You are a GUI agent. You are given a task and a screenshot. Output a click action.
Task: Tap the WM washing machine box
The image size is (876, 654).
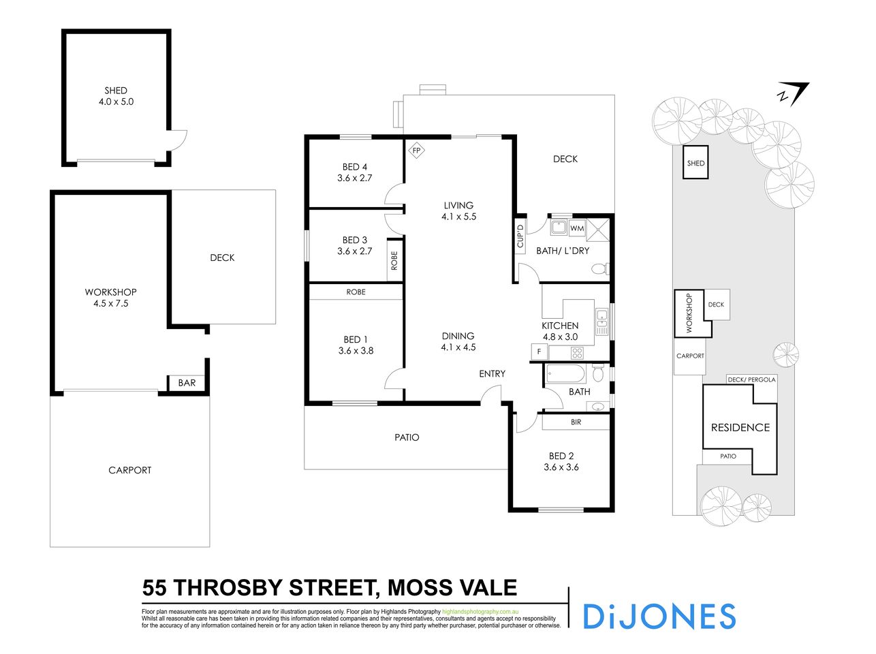click(x=577, y=228)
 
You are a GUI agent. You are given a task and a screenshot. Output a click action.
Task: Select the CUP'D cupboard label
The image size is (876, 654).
click(x=520, y=236)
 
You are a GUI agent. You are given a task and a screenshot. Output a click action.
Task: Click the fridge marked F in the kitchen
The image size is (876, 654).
click(x=539, y=352)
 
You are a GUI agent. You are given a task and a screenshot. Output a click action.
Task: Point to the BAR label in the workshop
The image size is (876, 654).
click(x=187, y=383)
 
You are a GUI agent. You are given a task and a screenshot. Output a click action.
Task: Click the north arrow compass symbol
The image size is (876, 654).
click(x=792, y=93)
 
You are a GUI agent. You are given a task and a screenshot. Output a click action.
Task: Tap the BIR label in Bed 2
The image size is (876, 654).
click(x=576, y=422)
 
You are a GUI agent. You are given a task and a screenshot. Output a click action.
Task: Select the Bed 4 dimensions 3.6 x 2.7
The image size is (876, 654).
click(x=355, y=178)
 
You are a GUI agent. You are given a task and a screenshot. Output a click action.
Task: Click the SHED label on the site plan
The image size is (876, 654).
click(x=695, y=163)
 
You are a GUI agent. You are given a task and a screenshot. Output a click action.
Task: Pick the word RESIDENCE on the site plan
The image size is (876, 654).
click(x=740, y=428)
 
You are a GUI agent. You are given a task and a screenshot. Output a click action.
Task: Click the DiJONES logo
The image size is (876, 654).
click(x=659, y=616)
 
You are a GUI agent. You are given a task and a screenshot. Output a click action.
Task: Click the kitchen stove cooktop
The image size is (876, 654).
click(x=576, y=353)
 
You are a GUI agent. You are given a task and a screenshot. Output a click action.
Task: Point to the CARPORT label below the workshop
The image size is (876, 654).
click(x=129, y=470)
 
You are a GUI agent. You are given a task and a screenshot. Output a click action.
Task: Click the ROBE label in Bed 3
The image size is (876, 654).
click(x=394, y=260)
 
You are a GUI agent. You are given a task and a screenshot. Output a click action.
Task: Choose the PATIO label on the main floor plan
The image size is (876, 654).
click(x=407, y=437)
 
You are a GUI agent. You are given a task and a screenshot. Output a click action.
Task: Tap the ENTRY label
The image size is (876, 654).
click(x=492, y=374)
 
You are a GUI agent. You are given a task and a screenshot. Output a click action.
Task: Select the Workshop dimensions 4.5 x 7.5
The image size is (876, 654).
click(x=111, y=304)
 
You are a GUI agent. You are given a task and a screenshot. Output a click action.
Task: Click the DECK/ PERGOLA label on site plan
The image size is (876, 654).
click(x=751, y=379)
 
